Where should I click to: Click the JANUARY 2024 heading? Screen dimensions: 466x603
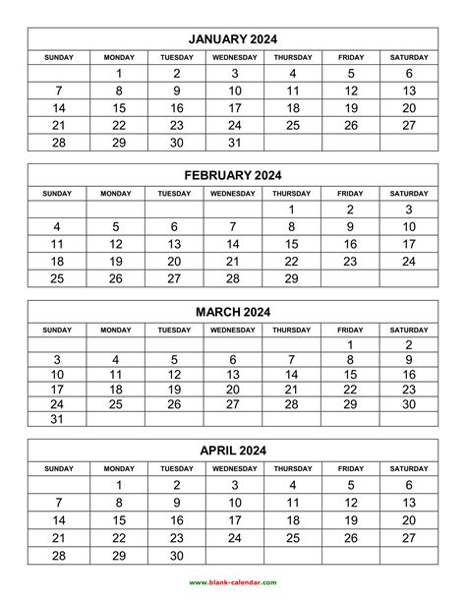[x=233, y=39]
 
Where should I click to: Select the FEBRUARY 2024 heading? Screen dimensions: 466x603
[x=233, y=175]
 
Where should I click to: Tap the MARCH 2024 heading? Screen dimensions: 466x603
[x=233, y=312]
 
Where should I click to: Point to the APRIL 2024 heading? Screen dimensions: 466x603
[x=233, y=451]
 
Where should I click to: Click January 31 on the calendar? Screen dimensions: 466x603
[x=234, y=144]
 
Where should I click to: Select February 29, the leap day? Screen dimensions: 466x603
[x=291, y=279]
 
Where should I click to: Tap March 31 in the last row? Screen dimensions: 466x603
[x=57, y=419]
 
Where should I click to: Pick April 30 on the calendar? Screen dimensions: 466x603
[x=176, y=556]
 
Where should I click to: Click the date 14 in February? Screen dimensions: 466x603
[x=233, y=244]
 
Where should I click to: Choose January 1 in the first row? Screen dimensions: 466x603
[x=119, y=73]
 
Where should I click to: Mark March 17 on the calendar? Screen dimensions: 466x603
[x=57, y=390]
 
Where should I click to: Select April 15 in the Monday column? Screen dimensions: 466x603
[x=119, y=520]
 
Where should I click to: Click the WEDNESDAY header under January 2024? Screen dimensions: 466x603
[x=234, y=57]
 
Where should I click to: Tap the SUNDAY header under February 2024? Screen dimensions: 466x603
[x=57, y=193]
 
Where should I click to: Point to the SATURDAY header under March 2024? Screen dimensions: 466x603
[x=409, y=330]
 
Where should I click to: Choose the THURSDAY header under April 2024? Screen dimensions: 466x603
[x=292, y=468]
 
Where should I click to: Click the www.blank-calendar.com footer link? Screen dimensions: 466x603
[x=233, y=582]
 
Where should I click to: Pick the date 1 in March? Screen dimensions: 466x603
[x=350, y=345]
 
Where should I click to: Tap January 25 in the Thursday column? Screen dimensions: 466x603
[x=292, y=126]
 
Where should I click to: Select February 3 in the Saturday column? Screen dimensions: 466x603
[x=409, y=210]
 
